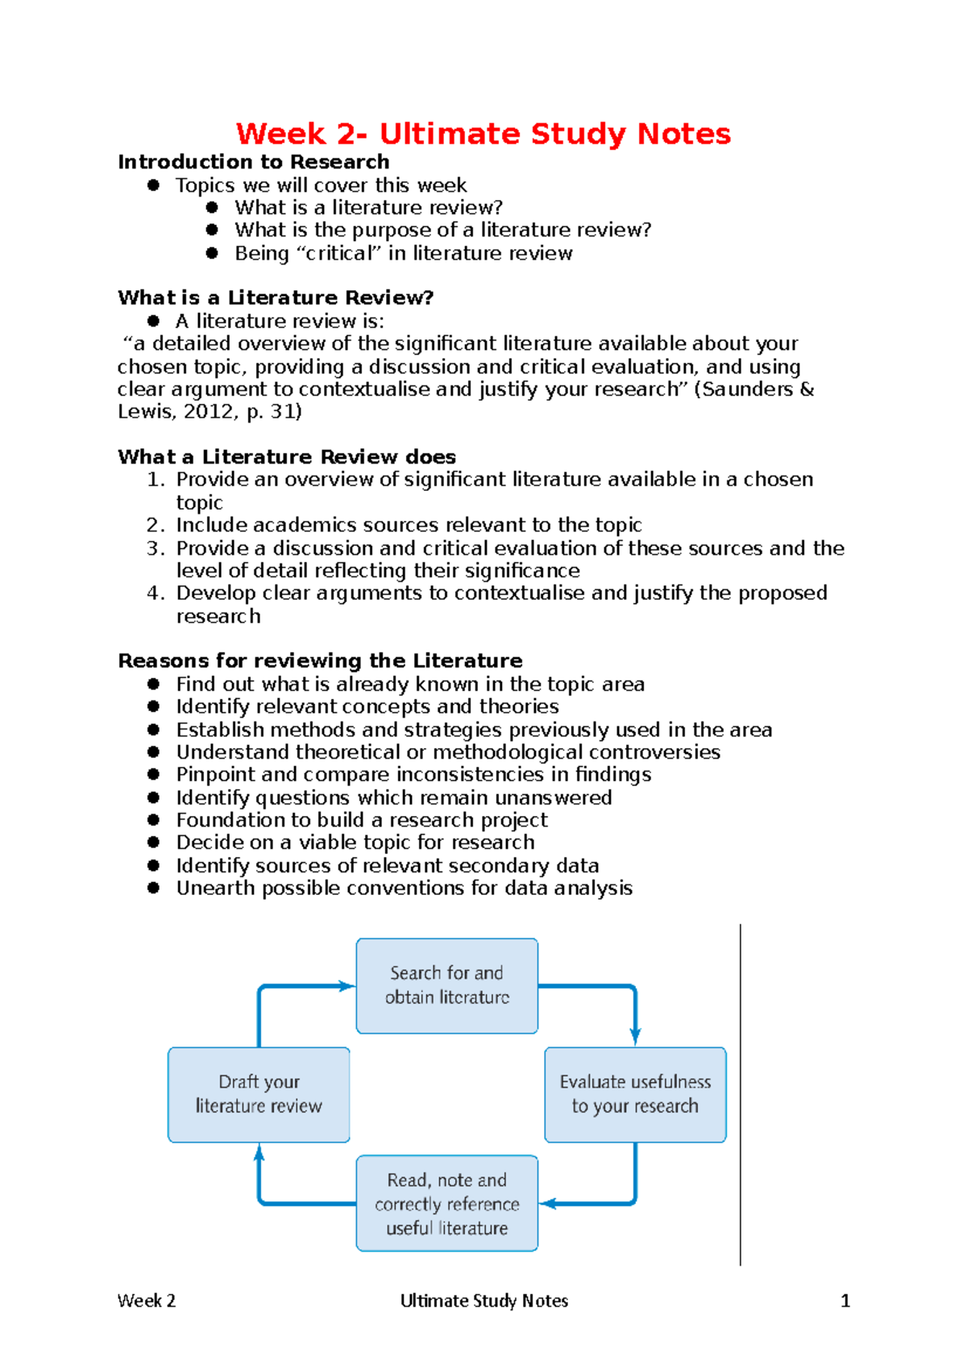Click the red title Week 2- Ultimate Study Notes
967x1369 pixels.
point(483,134)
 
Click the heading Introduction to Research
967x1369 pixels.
point(253,162)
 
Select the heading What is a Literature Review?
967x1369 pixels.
point(276,298)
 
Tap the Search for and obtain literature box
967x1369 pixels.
point(446,985)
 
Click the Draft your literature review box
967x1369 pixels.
point(259,1094)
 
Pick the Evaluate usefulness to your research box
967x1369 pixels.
point(635,1094)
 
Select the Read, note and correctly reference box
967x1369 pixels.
point(446,1203)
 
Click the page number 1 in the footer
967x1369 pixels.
point(845,1300)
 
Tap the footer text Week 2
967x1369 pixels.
point(147,1300)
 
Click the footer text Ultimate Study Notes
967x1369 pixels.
point(483,1300)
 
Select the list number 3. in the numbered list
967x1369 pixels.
point(156,548)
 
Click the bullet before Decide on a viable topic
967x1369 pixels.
point(154,843)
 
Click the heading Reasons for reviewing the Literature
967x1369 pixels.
point(320,661)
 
